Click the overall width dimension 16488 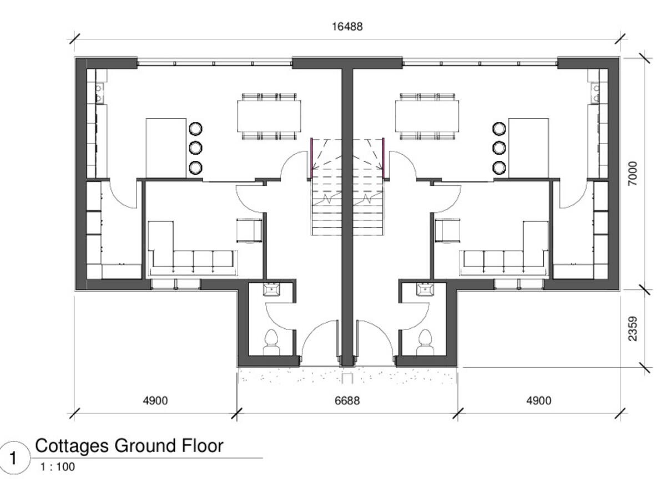tap(347, 26)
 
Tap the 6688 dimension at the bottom tap(347, 400)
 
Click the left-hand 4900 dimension tap(155, 400)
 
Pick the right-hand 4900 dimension tap(538, 400)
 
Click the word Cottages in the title tap(72, 445)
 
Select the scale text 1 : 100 tap(57, 467)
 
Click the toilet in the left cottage tap(272, 341)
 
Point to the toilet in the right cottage tap(425, 341)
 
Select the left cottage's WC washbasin tap(272, 289)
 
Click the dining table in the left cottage tap(269, 116)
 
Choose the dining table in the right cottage tap(427, 116)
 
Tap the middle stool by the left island tap(195, 148)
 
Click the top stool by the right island tap(499, 129)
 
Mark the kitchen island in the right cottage tap(528, 148)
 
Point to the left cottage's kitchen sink tap(99, 93)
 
